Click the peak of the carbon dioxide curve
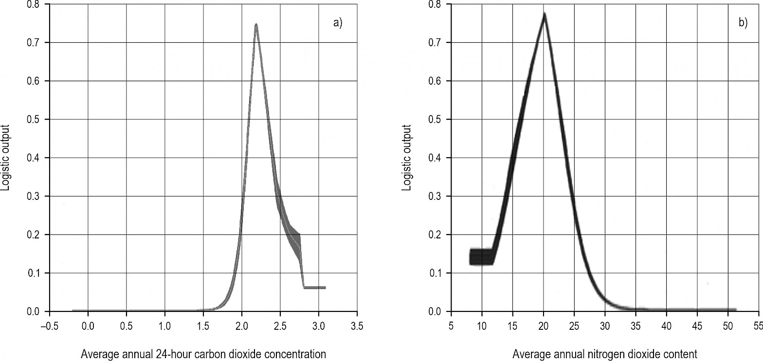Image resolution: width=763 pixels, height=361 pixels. click(x=255, y=25)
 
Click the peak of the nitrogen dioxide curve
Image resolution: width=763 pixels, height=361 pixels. click(x=545, y=15)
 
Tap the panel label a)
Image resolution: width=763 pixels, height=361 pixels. click(x=338, y=23)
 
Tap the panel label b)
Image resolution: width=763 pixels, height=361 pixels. click(x=743, y=23)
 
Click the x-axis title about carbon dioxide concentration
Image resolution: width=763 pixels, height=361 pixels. click(x=203, y=354)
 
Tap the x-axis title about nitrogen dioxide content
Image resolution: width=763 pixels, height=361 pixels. click(x=605, y=354)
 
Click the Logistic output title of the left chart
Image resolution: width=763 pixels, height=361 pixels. click(x=6, y=158)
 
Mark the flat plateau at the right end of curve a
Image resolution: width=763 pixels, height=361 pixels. click(x=314, y=288)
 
